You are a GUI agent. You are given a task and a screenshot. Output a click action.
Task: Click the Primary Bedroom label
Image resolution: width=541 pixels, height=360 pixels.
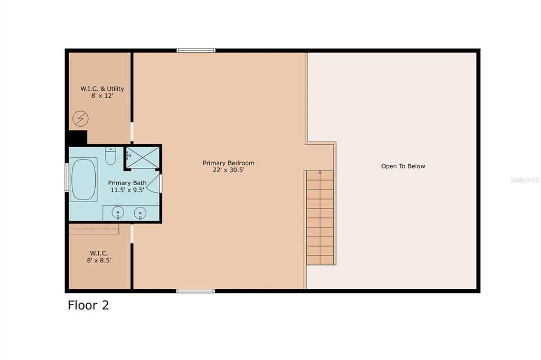[228, 163]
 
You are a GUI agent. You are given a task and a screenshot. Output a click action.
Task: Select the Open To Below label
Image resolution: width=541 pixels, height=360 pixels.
[403, 166]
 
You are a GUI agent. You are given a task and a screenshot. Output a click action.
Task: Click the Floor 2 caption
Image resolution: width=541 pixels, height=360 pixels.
[88, 305]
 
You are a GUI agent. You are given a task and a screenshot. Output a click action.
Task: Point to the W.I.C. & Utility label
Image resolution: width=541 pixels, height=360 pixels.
[102, 89]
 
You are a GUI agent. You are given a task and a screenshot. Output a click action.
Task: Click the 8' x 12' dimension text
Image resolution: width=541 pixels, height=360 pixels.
[102, 97]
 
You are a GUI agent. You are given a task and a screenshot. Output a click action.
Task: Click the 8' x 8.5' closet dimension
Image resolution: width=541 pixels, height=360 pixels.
[99, 260]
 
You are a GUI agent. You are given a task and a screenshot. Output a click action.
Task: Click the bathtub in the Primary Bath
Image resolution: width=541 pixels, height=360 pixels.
[83, 179]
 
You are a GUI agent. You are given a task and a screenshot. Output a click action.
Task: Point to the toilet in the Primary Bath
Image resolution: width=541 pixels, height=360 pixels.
[110, 156]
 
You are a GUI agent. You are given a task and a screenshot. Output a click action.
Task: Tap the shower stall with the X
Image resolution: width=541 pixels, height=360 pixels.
[143, 157]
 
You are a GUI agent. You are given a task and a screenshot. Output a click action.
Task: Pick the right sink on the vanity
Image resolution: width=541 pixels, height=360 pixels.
[140, 213]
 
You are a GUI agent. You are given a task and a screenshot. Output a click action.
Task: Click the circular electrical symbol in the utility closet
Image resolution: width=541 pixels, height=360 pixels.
[80, 119]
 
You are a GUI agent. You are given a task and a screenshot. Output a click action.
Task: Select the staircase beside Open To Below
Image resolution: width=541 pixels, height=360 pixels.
[320, 217]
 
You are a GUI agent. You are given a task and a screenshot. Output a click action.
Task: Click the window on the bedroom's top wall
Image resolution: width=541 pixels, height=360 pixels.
[196, 51]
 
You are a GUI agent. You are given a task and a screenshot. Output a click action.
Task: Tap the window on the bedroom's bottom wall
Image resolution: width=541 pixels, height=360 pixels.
[195, 291]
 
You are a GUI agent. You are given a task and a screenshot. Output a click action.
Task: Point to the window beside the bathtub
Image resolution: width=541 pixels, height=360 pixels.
[67, 178]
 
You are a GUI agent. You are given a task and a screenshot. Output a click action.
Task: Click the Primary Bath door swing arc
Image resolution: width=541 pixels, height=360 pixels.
[153, 183]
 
